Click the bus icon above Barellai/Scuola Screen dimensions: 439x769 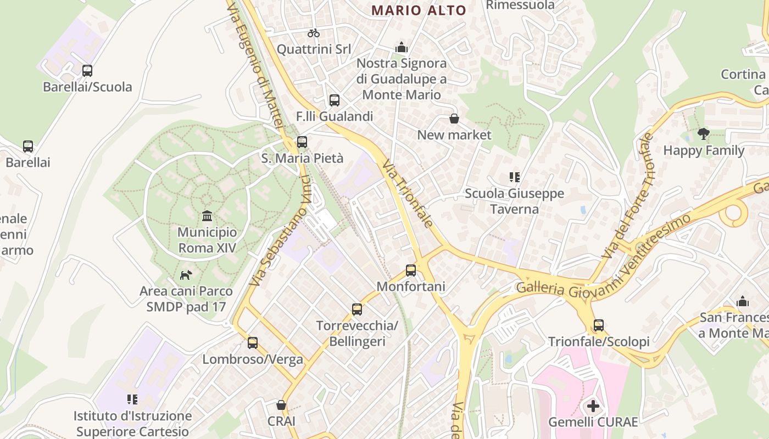(87, 71)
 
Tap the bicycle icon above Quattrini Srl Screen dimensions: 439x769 (314, 33)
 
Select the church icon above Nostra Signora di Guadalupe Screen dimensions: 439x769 (402, 47)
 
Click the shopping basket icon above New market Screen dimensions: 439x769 (454, 119)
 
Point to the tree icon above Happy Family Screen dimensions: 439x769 (704, 133)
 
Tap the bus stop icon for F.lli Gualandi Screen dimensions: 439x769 (334, 100)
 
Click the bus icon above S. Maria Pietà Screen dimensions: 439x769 (302, 142)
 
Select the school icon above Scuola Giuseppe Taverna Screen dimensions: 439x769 (514, 177)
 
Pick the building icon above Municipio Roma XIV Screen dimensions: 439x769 (207, 216)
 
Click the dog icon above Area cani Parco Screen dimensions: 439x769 (186, 274)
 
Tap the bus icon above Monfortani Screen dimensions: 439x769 (411, 270)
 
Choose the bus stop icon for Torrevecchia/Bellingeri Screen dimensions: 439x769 (357, 309)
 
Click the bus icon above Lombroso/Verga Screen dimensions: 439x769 (253, 343)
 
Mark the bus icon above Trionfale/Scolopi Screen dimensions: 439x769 (599, 325)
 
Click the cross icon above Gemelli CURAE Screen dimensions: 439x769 (593, 406)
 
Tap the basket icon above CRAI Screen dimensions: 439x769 (281, 405)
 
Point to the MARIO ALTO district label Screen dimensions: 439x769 (419, 10)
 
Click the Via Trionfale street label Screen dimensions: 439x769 (408, 193)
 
